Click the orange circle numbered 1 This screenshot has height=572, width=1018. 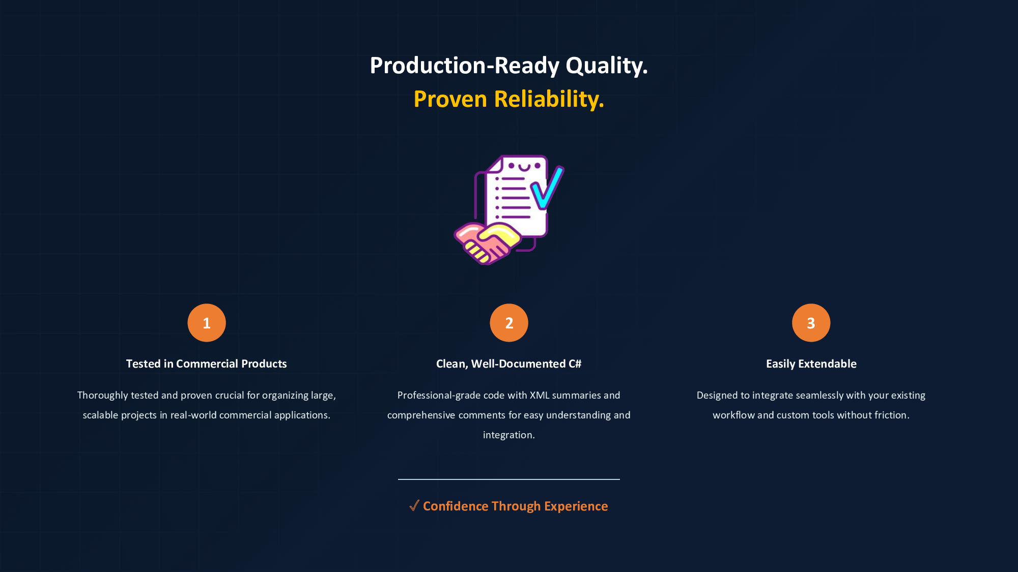[207, 323]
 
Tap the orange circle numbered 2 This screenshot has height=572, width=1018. [509, 323]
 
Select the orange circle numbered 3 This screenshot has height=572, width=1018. [811, 323]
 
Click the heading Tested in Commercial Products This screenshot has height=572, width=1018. [207, 364]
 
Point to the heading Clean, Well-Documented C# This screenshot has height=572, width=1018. [509, 364]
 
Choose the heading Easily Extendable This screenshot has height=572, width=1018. [811, 364]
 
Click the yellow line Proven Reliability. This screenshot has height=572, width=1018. [509, 99]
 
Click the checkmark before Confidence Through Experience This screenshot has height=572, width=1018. [414, 505]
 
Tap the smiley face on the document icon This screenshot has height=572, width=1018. [524, 166]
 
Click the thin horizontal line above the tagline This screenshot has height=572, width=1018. [509, 479]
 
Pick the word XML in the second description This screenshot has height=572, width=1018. [540, 395]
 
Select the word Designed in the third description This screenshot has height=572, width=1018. [717, 396]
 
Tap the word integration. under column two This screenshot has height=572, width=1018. [509, 435]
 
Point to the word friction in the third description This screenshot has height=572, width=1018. [892, 415]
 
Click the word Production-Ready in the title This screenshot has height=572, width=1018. [465, 66]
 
